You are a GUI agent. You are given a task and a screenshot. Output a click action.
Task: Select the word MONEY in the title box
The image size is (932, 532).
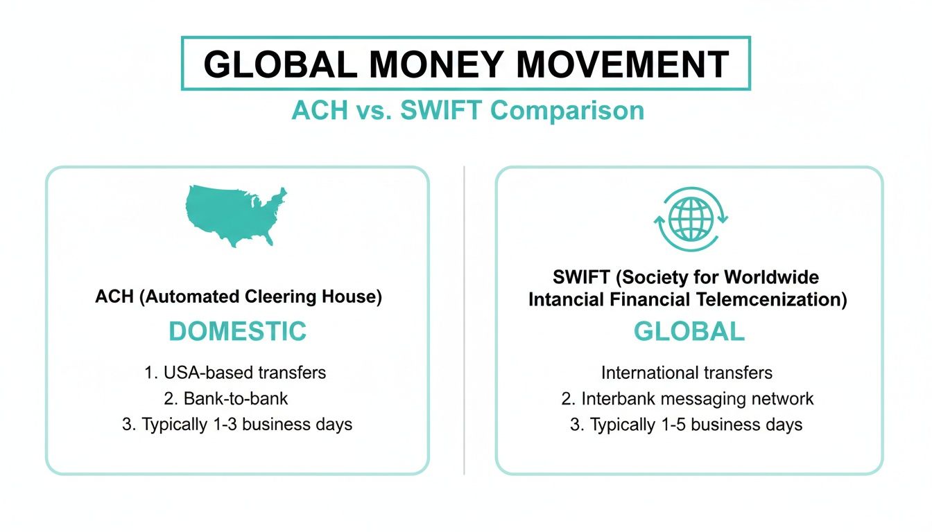click(x=437, y=64)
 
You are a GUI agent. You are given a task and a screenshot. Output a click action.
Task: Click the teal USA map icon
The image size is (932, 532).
click(x=236, y=215)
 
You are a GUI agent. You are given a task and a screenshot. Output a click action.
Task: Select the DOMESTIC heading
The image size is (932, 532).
click(x=237, y=331)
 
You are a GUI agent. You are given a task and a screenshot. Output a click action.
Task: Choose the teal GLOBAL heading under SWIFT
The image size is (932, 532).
click(x=689, y=332)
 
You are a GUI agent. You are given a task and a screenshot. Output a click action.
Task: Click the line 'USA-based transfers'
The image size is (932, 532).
click(x=236, y=372)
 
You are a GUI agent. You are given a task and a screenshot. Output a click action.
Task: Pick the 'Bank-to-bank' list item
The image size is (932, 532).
click(x=236, y=398)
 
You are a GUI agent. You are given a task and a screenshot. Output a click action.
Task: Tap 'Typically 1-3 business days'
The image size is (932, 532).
click(x=237, y=425)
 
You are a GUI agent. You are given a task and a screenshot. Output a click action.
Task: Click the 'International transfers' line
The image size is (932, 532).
click(x=687, y=373)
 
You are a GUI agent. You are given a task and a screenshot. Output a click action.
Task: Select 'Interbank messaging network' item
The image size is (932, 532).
click(x=687, y=399)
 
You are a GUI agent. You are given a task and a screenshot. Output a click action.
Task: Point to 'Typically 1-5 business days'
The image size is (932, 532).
click(x=687, y=425)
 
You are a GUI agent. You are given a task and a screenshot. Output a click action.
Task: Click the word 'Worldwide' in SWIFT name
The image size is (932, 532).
click(x=771, y=278)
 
